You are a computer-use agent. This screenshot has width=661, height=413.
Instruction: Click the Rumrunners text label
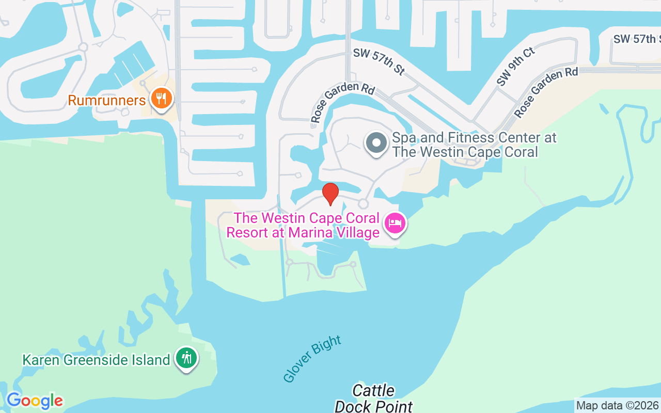(107, 100)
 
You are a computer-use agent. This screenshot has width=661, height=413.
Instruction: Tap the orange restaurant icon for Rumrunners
(161, 98)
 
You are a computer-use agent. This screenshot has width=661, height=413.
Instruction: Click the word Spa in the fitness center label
(404, 138)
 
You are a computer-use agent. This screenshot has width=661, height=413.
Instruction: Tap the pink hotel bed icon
(395, 224)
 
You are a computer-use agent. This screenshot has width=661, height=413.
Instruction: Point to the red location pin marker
(330, 194)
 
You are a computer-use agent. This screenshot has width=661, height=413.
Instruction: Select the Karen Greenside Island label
(96, 360)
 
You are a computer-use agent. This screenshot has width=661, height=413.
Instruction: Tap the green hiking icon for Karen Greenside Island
(186, 357)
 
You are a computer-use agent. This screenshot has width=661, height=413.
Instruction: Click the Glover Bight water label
(312, 359)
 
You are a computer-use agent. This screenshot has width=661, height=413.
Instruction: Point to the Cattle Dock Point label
(373, 398)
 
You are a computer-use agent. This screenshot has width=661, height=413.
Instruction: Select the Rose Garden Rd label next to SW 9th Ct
(546, 92)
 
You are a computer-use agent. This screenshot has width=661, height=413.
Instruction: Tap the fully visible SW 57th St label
(379, 62)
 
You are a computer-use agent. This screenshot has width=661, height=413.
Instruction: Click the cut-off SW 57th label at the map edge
(637, 39)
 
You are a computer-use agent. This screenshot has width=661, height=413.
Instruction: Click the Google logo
(35, 401)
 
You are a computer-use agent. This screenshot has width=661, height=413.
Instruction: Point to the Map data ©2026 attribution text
(617, 405)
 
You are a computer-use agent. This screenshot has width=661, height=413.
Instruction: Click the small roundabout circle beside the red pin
(364, 203)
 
